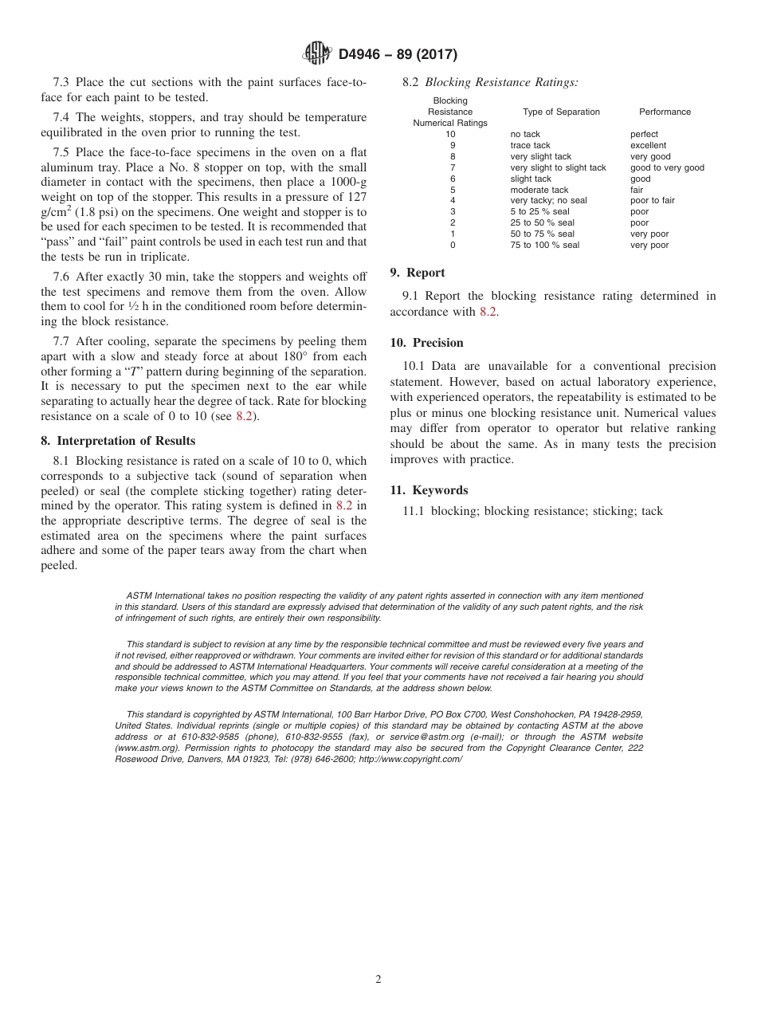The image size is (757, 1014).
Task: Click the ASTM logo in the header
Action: (x=318, y=54)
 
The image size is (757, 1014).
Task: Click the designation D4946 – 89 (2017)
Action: (x=398, y=55)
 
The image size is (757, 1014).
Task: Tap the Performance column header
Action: (x=665, y=112)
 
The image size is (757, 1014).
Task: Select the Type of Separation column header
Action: (x=561, y=112)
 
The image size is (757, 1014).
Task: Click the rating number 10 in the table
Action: (x=450, y=135)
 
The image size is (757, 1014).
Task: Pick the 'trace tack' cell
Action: (x=530, y=146)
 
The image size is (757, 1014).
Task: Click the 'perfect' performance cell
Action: (x=644, y=135)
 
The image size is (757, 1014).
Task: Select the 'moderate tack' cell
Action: (x=539, y=190)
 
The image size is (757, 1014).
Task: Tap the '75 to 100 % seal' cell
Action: (x=544, y=246)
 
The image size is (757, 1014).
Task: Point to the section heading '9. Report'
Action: (x=418, y=273)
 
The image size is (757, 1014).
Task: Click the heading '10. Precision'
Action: (x=426, y=343)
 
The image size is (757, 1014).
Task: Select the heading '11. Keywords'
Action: (x=429, y=490)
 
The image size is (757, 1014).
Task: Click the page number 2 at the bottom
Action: (x=378, y=980)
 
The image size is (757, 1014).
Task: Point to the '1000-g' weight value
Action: (x=336, y=183)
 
